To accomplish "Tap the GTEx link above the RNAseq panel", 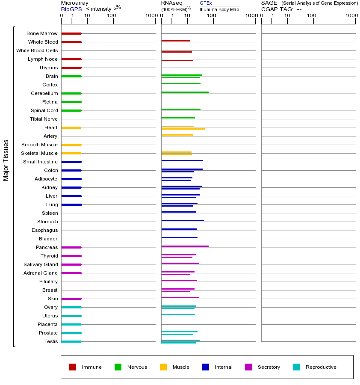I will [206, 3].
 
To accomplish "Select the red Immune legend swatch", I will [73, 367].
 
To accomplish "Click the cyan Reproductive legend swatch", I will [296, 367].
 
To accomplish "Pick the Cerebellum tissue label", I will [44, 93].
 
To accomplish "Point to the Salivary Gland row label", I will [41, 264].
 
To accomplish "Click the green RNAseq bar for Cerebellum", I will [185, 92].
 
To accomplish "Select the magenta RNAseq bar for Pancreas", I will [185, 246].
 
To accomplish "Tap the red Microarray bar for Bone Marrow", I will [71, 33].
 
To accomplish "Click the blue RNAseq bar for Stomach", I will [183, 220].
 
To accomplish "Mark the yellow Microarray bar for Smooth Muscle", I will [71, 145].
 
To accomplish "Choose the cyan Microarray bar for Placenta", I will [71, 324].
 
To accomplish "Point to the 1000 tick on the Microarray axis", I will [150, 15].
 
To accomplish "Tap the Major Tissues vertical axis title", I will [6, 160].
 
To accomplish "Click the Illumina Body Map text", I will [219, 9].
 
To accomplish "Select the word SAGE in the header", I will [269, 3].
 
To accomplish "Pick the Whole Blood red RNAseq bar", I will [175, 41].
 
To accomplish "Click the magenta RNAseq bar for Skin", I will [180, 297].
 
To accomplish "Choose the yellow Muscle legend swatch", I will [163, 367].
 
